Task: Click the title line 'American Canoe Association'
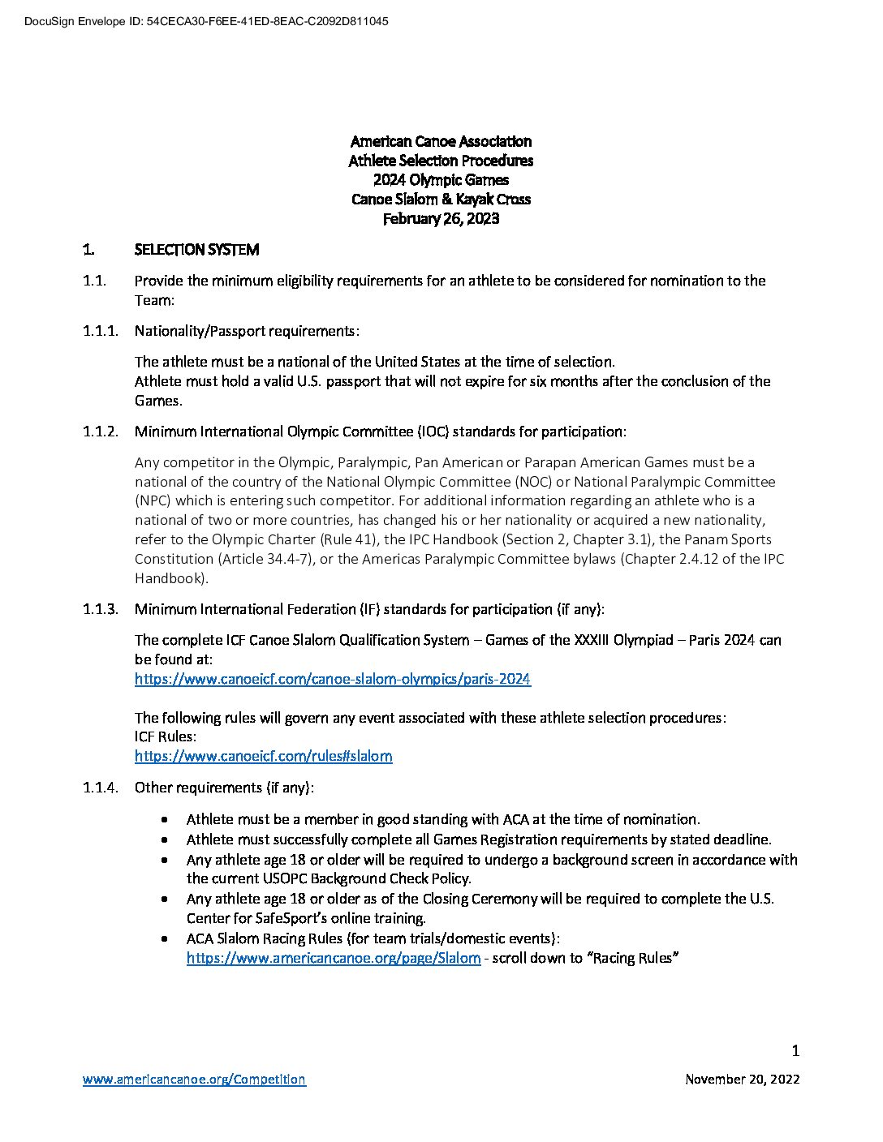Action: [x=441, y=142]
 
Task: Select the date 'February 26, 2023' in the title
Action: [x=441, y=218]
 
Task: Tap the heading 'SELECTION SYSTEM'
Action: [x=196, y=250]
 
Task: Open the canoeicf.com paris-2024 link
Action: [x=333, y=679]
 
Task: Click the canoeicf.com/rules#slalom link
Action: [x=263, y=756]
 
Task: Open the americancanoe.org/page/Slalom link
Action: [x=333, y=958]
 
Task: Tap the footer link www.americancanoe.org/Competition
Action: [x=194, y=1079]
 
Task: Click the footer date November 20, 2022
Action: [x=742, y=1079]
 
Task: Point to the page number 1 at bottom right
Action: [x=795, y=1051]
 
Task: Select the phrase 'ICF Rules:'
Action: [x=166, y=736]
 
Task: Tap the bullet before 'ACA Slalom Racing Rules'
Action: [x=166, y=938]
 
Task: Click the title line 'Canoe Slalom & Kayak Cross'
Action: [x=441, y=199]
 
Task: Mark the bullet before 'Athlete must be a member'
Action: [x=166, y=819]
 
